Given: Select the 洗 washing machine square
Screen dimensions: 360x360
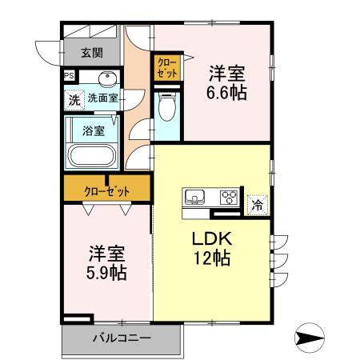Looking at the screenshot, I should [73, 101].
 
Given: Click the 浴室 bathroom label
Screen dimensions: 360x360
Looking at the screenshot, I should [94, 130].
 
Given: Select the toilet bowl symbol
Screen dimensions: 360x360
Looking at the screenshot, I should [167, 106].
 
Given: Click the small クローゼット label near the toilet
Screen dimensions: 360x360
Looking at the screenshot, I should [167, 67].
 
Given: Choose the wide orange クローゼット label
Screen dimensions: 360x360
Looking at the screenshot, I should [107, 191].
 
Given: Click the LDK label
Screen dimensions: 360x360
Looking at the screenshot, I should [211, 238].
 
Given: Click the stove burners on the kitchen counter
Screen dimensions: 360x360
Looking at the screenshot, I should [229, 198].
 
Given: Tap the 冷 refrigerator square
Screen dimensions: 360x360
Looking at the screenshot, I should [258, 204].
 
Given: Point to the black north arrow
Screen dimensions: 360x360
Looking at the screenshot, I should [309, 336].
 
